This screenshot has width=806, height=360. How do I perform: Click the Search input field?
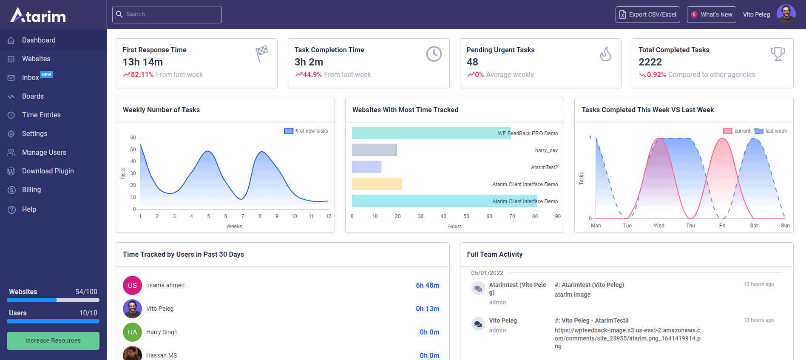click(x=167, y=14)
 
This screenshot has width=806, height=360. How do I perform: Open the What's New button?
click(x=711, y=14)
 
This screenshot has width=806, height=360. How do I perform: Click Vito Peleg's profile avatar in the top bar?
click(x=786, y=14)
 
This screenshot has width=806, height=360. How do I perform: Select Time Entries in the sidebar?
click(x=41, y=115)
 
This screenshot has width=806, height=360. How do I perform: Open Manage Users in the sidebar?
click(x=44, y=152)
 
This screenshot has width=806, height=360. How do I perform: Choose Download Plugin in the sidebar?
click(x=48, y=171)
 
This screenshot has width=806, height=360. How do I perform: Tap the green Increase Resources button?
click(x=53, y=340)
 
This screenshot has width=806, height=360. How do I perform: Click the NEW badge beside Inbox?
click(x=46, y=75)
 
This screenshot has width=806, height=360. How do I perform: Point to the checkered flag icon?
click(x=262, y=53)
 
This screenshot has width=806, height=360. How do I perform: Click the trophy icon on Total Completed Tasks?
click(x=778, y=54)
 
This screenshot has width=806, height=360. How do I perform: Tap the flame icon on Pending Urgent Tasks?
click(x=605, y=54)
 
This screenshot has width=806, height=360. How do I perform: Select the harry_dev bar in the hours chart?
click(x=374, y=150)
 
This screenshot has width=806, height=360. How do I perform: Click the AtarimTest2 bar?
click(x=366, y=167)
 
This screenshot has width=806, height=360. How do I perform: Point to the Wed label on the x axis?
click(x=659, y=226)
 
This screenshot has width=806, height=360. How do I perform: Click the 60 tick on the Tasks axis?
click(x=133, y=138)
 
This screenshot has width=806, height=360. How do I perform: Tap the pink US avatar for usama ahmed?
click(x=132, y=285)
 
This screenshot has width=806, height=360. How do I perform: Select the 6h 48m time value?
click(x=427, y=285)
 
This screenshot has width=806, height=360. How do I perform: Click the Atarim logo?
click(x=38, y=15)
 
